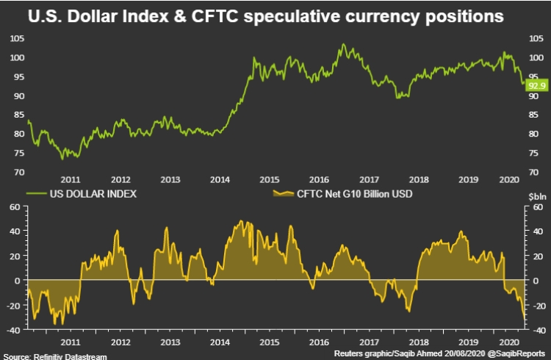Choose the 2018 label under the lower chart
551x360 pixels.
point(419,342)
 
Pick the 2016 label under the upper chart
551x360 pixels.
point(320,180)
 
